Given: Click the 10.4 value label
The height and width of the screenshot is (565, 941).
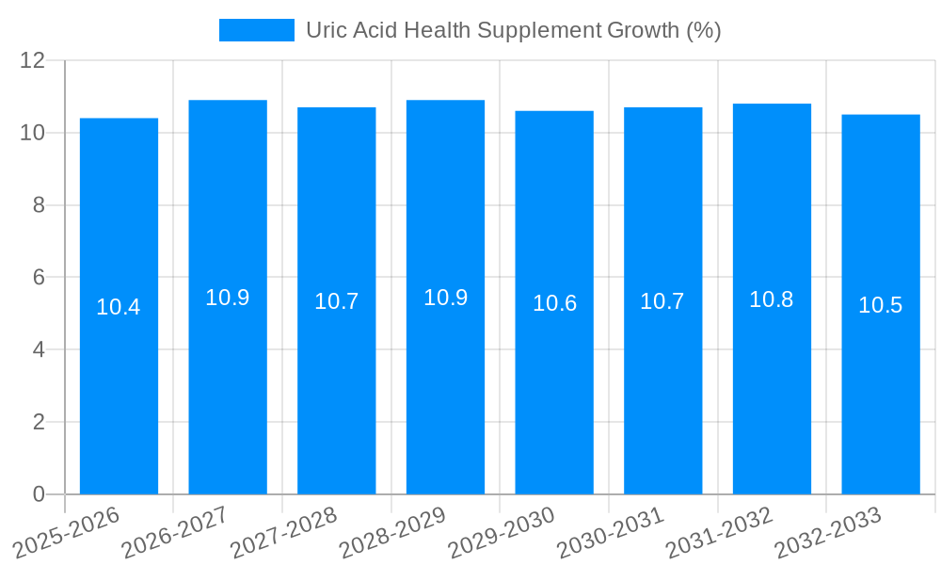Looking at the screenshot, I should click(x=119, y=307).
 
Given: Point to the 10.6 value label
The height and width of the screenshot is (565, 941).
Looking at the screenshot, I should click(x=554, y=303).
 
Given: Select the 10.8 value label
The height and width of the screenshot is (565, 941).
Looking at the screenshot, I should click(x=772, y=299).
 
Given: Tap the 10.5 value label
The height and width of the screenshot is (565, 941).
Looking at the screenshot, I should click(x=881, y=305).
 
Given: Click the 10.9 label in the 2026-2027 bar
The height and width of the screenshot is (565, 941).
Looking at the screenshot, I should click(x=228, y=298).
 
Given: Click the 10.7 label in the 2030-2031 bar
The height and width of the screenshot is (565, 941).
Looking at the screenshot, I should click(x=662, y=301).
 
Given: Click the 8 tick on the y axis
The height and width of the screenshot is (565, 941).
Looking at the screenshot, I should click(x=39, y=205).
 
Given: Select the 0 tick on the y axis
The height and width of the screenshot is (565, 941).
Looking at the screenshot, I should click(x=39, y=494).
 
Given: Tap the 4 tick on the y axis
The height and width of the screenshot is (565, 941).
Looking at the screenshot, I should click(x=39, y=349).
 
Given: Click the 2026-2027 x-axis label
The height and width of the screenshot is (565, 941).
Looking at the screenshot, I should click(x=175, y=532).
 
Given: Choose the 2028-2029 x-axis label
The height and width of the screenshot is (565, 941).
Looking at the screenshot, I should click(x=392, y=532).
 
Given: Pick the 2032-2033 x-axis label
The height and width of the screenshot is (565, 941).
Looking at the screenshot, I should click(x=828, y=532).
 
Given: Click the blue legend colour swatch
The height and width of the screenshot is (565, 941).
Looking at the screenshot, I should click(x=256, y=30).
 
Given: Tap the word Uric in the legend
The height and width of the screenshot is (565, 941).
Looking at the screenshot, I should click(x=327, y=30).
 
